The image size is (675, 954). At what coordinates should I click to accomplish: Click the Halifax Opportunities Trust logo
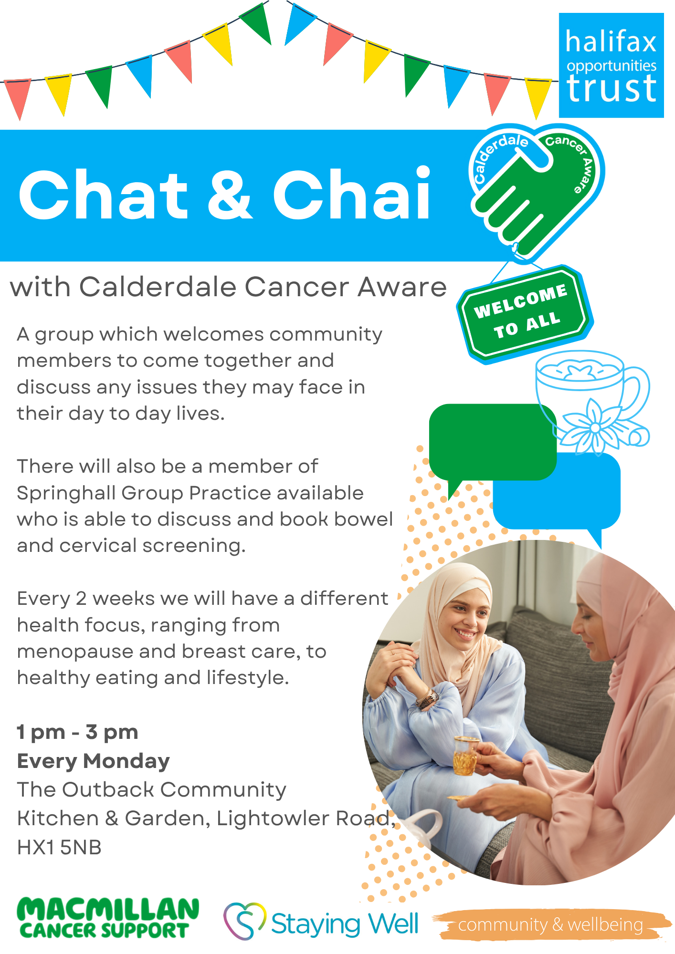click(x=612, y=65)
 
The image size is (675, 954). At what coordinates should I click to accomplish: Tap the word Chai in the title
click(x=352, y=195)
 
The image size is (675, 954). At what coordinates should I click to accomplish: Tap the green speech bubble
click(x=493, y=446)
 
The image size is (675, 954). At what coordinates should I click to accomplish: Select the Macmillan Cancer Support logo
click(x=108, y=918)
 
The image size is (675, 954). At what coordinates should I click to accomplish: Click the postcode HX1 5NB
click(x=59, y=848)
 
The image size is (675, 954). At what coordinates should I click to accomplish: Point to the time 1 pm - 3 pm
click(x=77, y=732)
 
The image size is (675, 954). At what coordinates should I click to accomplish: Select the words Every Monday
click(x=94, y=761)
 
